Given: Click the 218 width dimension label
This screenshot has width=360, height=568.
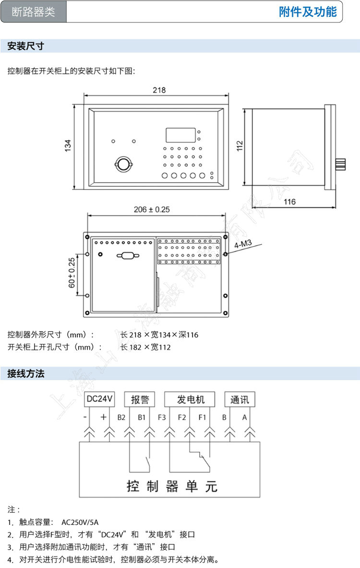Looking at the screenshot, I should point(159,90).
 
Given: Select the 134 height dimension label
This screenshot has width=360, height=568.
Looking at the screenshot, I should point(68,146).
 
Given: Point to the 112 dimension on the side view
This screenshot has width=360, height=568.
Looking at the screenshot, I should point(240,146).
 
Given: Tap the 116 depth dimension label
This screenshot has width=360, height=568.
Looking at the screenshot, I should point(289,202).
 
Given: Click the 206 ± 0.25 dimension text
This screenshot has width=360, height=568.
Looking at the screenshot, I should point(152,209).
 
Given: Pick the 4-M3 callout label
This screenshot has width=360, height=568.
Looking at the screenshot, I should point(243,245).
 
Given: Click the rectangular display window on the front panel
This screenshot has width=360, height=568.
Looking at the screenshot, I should point(180,135).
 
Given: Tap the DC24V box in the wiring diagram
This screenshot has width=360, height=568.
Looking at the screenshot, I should point(99,399).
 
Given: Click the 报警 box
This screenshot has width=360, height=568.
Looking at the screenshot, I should point(140,399).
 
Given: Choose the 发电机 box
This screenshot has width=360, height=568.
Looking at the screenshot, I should point(191,399).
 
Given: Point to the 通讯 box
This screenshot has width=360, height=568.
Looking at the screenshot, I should point(240,399).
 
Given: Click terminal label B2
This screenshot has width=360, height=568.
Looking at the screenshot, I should point(121,417).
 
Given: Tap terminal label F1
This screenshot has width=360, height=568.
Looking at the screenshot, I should point(202,417).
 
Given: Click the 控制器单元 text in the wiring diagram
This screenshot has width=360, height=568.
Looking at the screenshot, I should point(172,486).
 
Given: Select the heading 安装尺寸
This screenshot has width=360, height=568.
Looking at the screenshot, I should point(26,46).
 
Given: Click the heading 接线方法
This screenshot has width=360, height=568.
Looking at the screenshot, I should point(26,374).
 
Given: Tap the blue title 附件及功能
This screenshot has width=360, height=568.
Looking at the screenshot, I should point(308,12).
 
